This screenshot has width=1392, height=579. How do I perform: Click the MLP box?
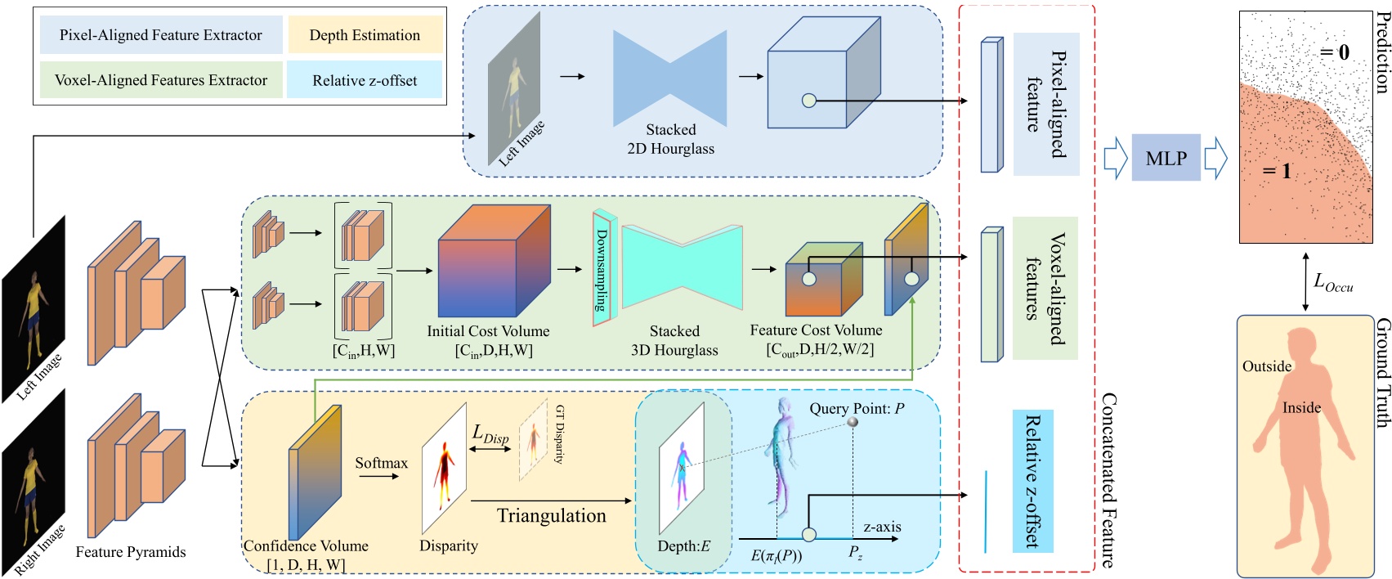(x=1166, y=158)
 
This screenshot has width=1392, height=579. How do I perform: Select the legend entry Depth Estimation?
(x=365, y=35)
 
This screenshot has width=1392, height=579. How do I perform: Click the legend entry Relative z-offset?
(x=365, y=80)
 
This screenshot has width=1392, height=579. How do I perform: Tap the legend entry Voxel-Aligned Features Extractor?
(x=161, y=80)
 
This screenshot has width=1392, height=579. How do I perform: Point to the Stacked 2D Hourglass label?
(x=670, y=139)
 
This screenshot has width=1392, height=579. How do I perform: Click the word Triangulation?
(x=552, y=515)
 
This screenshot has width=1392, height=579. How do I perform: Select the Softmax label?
(x=381, y=463)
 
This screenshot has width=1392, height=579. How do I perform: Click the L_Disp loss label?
(x=490, y=434)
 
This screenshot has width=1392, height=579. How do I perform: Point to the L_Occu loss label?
(x=1332, y=282)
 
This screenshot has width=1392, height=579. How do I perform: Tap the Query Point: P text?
(x=857, y=408)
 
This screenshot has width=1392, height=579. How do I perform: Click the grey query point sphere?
(x=853, y=422)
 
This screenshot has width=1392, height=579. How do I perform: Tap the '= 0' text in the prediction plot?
(x=1334, y=52)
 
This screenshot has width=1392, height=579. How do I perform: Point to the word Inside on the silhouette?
(x=1301, y=407)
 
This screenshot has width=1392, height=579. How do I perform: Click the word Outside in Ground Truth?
(x=1267, y=366)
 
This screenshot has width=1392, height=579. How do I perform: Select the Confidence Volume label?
(x=306, y=545)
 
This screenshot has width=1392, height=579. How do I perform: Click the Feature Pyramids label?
(x=131, y=552)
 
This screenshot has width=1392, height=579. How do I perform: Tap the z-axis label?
(x=882, y=527)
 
